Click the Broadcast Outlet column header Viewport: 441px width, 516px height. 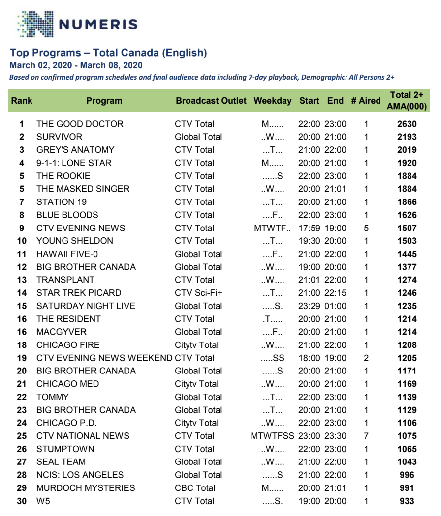tap(211, 101)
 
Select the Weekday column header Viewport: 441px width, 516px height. tap(273, 101)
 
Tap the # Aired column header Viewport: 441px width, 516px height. tap(366, 101)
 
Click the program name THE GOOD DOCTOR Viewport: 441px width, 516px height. tap(80, 124)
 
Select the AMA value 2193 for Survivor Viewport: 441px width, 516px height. tap(407, 137)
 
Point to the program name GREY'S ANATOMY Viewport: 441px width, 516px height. tap(75, 150)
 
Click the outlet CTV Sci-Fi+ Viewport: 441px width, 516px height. tap(198, 293)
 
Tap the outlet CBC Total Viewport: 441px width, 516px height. tap(195, 488)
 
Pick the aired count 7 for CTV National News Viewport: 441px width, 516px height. tap(366, 436)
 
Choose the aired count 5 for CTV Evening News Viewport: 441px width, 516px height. tap(366, 228)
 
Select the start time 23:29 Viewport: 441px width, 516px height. tap(309, 306)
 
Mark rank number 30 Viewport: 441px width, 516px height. tap(22, 501)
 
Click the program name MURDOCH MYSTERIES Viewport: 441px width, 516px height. tap(86, 488)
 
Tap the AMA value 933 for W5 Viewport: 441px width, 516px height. tap(407, 501)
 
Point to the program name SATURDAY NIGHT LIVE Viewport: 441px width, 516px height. tap(86, 306)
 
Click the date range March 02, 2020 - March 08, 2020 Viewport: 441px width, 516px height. tap(76, 65)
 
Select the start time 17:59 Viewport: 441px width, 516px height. tap(309, 228)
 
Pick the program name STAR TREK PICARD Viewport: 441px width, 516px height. tap(79, 293)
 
